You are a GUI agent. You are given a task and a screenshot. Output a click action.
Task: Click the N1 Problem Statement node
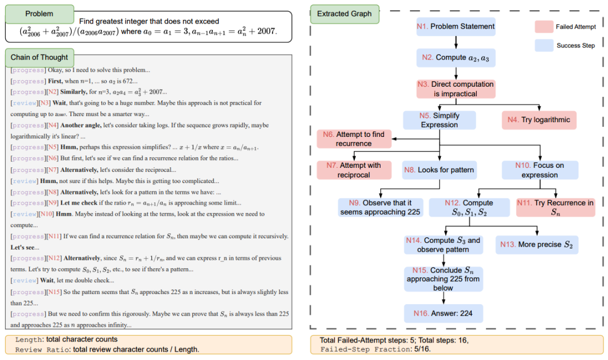tap(456, 26)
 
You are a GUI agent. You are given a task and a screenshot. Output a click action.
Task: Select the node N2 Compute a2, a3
tap(456, 57)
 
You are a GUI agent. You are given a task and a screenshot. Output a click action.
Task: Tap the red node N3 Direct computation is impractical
tap(455, 89)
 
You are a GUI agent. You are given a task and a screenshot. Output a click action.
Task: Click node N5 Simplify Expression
tap(439, 120)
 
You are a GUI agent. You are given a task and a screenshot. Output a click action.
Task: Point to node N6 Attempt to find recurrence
tap(354, 139)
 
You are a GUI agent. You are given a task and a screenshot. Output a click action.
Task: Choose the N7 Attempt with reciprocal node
tap(354, 170)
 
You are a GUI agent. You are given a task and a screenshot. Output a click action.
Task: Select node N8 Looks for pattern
tap(439, 170)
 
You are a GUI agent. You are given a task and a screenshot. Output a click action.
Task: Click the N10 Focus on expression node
tap(540, 170)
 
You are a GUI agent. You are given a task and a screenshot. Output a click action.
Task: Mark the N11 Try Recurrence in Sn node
tap(555, 207)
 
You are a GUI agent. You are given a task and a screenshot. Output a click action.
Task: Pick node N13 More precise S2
tap(537, 245)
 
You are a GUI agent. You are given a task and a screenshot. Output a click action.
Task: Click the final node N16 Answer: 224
tap(443, 313)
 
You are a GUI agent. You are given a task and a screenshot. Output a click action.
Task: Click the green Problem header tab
tap(39, 14)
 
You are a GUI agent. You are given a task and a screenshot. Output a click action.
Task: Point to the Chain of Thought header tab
tap(39, 57)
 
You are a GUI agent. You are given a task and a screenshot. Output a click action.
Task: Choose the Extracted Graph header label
tap(345, 14)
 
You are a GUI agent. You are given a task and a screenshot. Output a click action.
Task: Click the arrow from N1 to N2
tap(456, 42)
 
